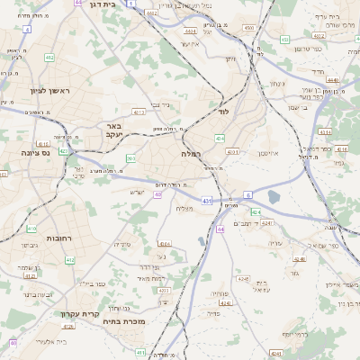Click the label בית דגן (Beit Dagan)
coord(100,5)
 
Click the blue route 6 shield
coord(247,194)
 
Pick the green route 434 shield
coord(220,139)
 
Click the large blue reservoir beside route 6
coord(274,195)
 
